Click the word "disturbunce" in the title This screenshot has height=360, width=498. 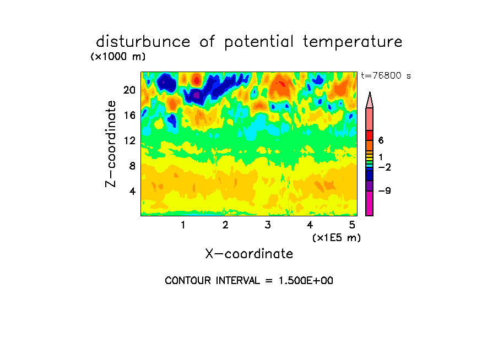143,42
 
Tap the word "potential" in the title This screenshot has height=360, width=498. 259,42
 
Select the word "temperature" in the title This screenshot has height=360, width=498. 353,42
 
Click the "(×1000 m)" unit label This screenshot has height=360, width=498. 118,57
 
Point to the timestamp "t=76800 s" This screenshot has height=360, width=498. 386,75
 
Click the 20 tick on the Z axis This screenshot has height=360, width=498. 129,90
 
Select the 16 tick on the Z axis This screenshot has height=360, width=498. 129,115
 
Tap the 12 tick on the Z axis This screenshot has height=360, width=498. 129,140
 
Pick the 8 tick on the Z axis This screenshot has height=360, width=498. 132,166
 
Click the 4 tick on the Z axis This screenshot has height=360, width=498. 132,191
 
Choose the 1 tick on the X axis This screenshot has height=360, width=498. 183,225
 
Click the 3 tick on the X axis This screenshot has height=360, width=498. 268,225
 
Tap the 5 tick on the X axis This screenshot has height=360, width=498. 352,225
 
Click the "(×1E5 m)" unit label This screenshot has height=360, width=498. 337,238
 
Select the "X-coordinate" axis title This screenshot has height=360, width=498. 249,254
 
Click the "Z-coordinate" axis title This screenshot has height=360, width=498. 111,144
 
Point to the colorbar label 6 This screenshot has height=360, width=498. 381,140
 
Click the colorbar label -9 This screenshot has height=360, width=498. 385,191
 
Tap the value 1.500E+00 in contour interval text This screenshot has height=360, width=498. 306,281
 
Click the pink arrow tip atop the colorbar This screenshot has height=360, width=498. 370,92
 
